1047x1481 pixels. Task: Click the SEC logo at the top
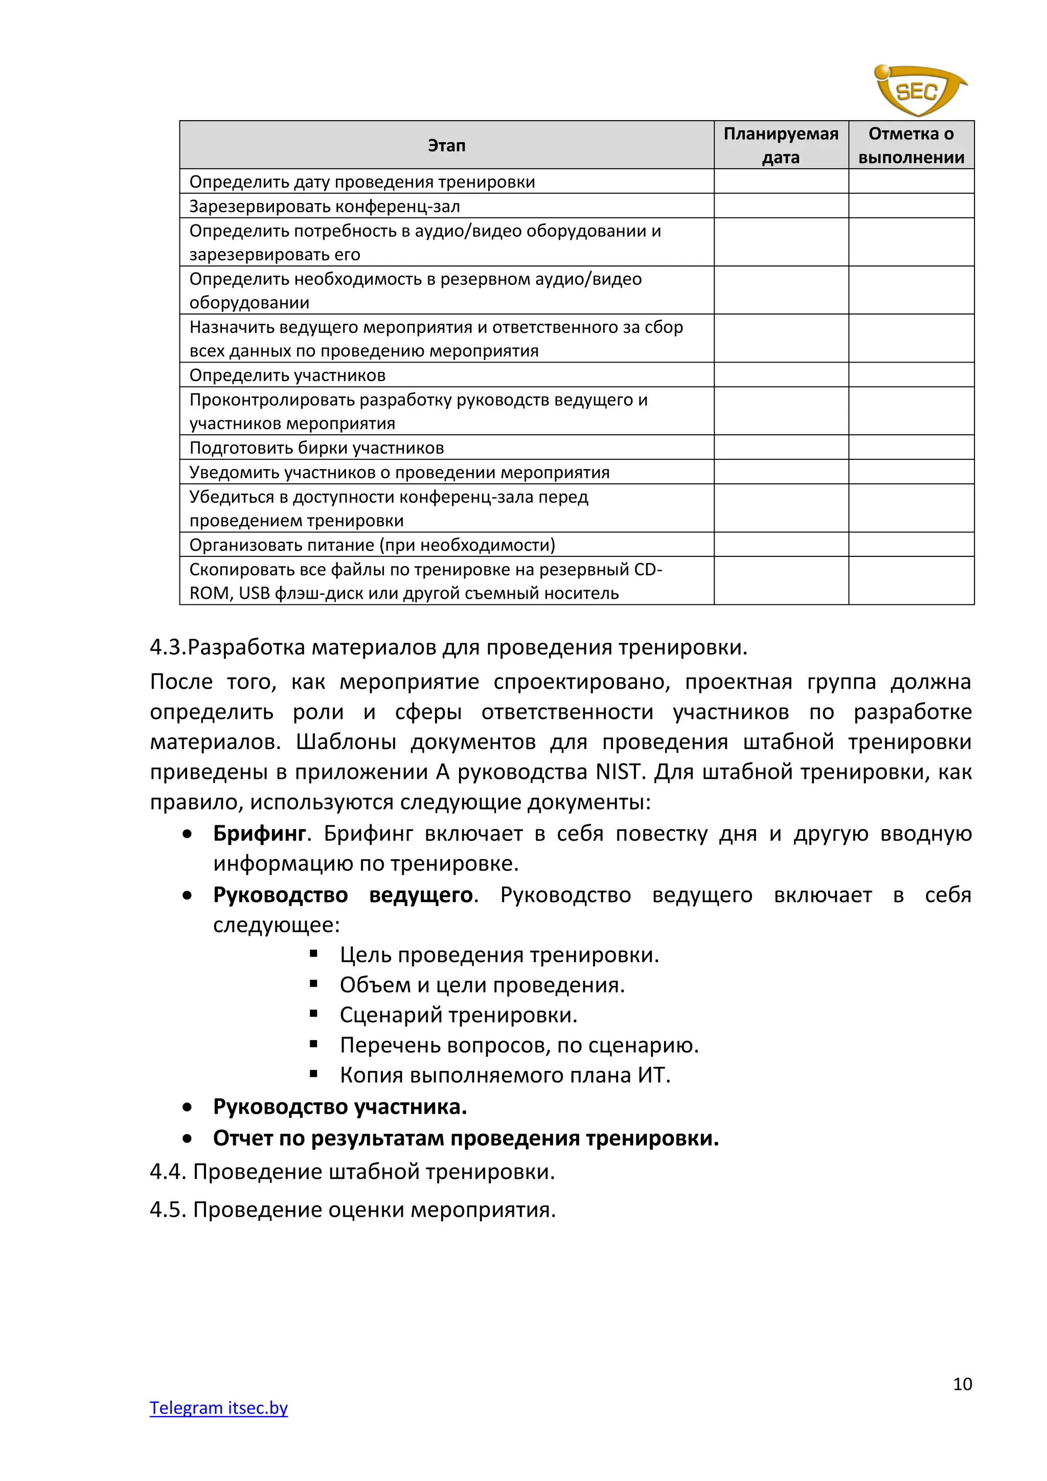tap(918, 91)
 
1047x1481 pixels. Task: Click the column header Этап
tap(446, 146)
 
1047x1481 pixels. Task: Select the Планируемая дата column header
tap(780, 145)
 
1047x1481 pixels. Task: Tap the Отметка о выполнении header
tap(911, 145)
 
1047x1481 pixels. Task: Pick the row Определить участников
tap(287, 375)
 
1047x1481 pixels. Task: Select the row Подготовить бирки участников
tap(316, 447)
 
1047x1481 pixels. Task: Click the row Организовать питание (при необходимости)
tap(372, 545)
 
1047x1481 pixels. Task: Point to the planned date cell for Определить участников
tap(780, 375)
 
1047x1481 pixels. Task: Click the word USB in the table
tap(254, 593)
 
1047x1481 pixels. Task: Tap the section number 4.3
tap(168, 647)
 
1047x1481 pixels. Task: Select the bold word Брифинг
tap(259, 834)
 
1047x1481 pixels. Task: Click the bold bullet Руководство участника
tap(340, 1107)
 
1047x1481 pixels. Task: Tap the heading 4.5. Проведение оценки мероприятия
tap(353, 1209)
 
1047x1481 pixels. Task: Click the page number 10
tap(962, 1384)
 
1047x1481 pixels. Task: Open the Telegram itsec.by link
tap(219, 1407)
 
